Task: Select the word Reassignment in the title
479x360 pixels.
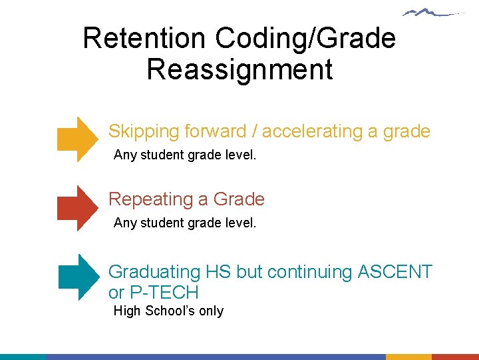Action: pos(239,69)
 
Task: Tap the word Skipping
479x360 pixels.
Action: pos(144,131)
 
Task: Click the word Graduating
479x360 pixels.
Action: pos(154,272)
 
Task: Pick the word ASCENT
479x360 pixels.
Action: pos(395,272)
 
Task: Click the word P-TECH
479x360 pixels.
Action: pos(167,293)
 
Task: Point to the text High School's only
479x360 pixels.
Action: pos(168,311)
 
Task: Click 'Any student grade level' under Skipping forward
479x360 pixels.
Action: pos(184,155)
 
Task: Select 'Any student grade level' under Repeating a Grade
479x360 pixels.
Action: pos(184,223)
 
